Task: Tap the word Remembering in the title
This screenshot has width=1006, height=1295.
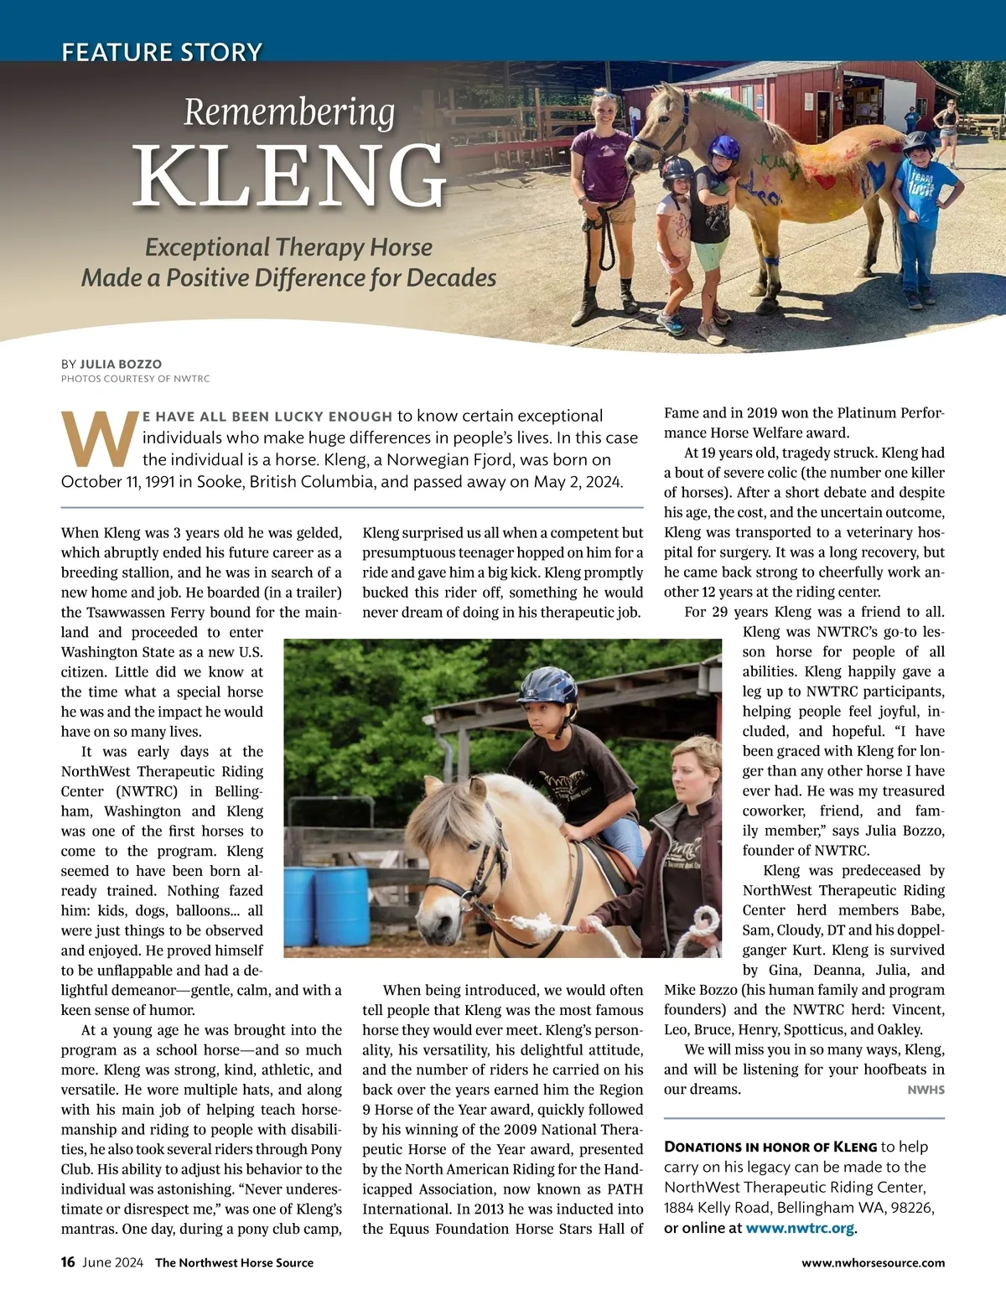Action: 289,113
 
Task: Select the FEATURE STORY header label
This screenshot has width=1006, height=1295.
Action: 162,52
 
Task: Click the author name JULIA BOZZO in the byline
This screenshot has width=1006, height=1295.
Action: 121,364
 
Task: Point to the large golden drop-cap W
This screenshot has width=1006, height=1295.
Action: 99,438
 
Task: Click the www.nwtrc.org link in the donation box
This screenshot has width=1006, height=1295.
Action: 800,1228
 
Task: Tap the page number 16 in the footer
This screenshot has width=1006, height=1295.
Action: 68,1262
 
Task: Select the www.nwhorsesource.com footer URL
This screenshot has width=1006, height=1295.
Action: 873,1262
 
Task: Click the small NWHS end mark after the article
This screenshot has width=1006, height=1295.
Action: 926,1090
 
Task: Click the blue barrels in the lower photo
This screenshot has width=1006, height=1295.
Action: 327,905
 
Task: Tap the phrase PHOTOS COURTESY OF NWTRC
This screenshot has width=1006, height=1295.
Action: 136,379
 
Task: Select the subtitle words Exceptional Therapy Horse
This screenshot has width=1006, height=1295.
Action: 289,247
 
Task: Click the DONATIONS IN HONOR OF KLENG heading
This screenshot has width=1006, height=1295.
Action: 770,1147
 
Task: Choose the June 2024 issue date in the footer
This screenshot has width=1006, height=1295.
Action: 112,1262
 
